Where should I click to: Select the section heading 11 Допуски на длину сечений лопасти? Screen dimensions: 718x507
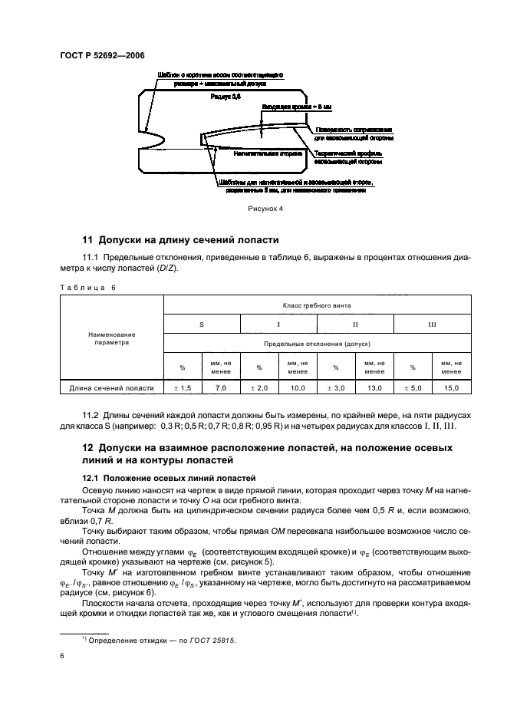pyautogui.click(x=180, y=239)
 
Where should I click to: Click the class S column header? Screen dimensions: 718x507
pyautogui.click(x=202, y=325)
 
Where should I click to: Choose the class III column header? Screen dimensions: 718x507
pyautogui.click(x=431, y=325)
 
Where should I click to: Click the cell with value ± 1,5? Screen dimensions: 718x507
pyautogui.click(x=183, y=389)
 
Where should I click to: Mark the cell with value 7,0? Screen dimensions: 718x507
pyautogui.click(x=221, y=389)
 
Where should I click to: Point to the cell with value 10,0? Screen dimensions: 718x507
pyautogui.click(x=298, y=389)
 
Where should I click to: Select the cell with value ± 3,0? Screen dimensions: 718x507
pyautogui.click(x=335, y=389)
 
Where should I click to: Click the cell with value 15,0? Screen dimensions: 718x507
pyautogui.click(x=450, y=389)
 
